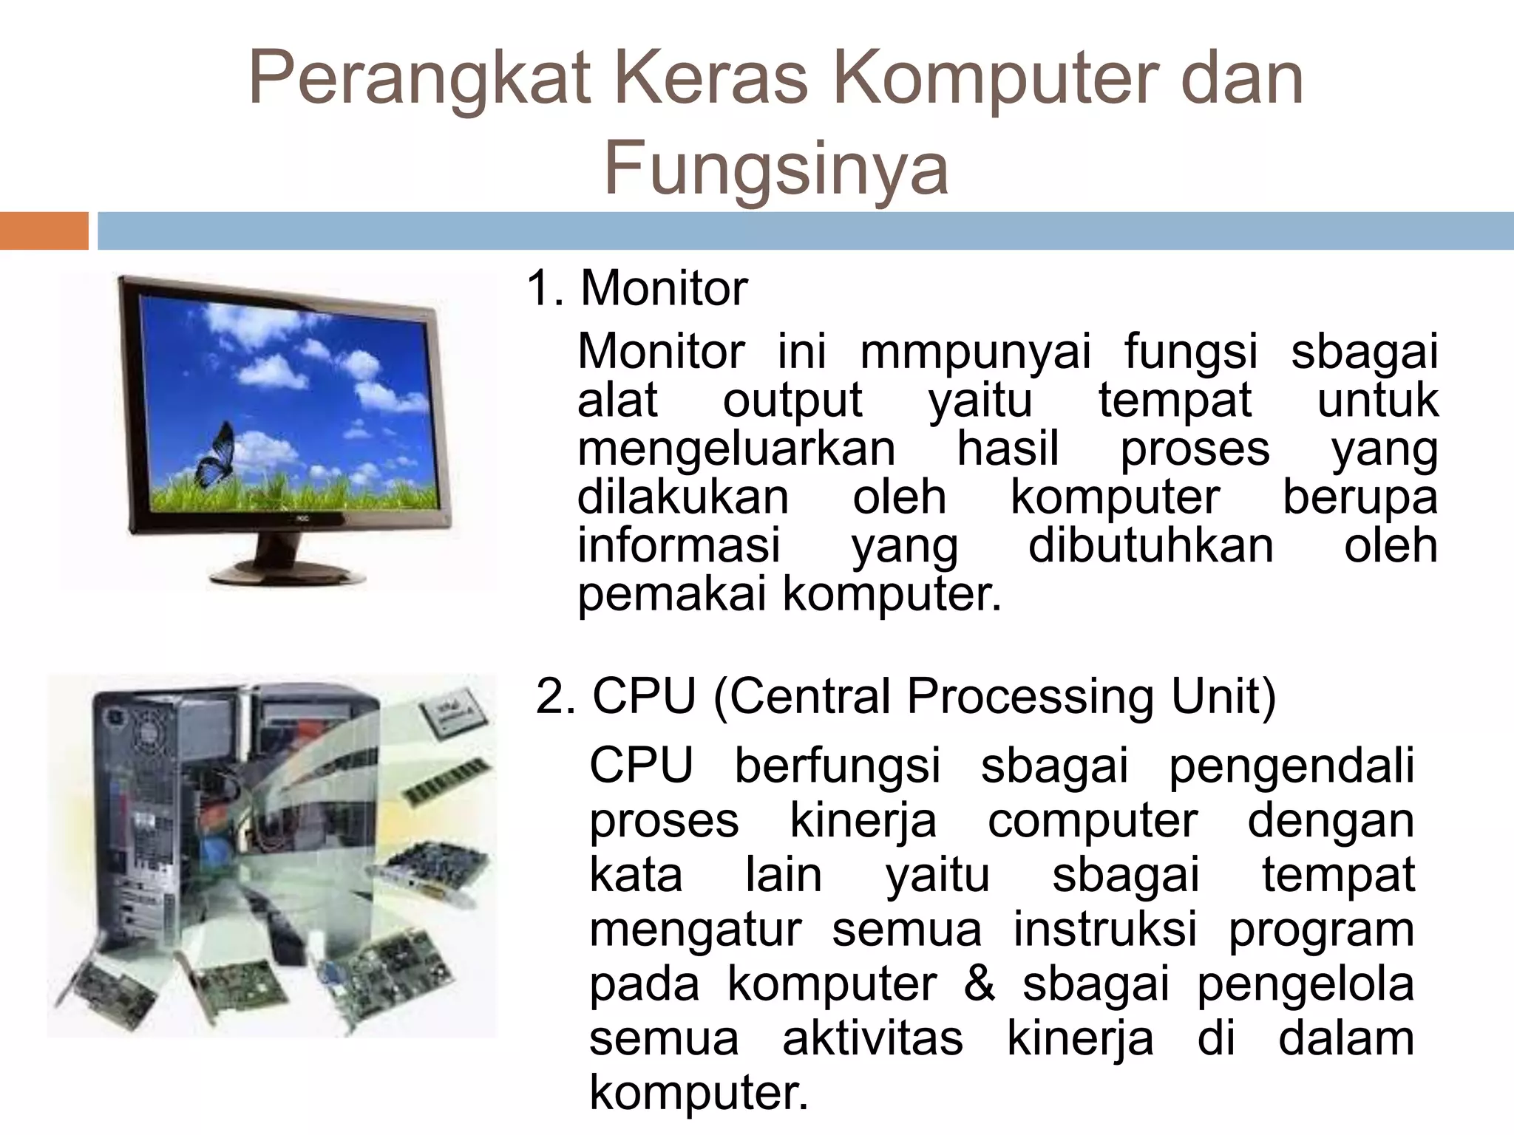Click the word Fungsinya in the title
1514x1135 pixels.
pyautogui.click(x=775, y=169)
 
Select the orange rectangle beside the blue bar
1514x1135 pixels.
pyautogui.click(x=44, y=231)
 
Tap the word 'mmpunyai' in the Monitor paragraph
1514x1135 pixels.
pyautogui.click(x=975, y=352)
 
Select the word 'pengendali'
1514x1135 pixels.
pyautogui.click(x=1291, y=766)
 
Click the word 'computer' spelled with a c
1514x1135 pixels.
pyautogui.click(x=1092, y=820)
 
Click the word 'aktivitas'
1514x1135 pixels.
pyautogui.click(x=872, y=1038)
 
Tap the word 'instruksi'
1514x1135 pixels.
pyautogui.click(x=1104, y=929)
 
